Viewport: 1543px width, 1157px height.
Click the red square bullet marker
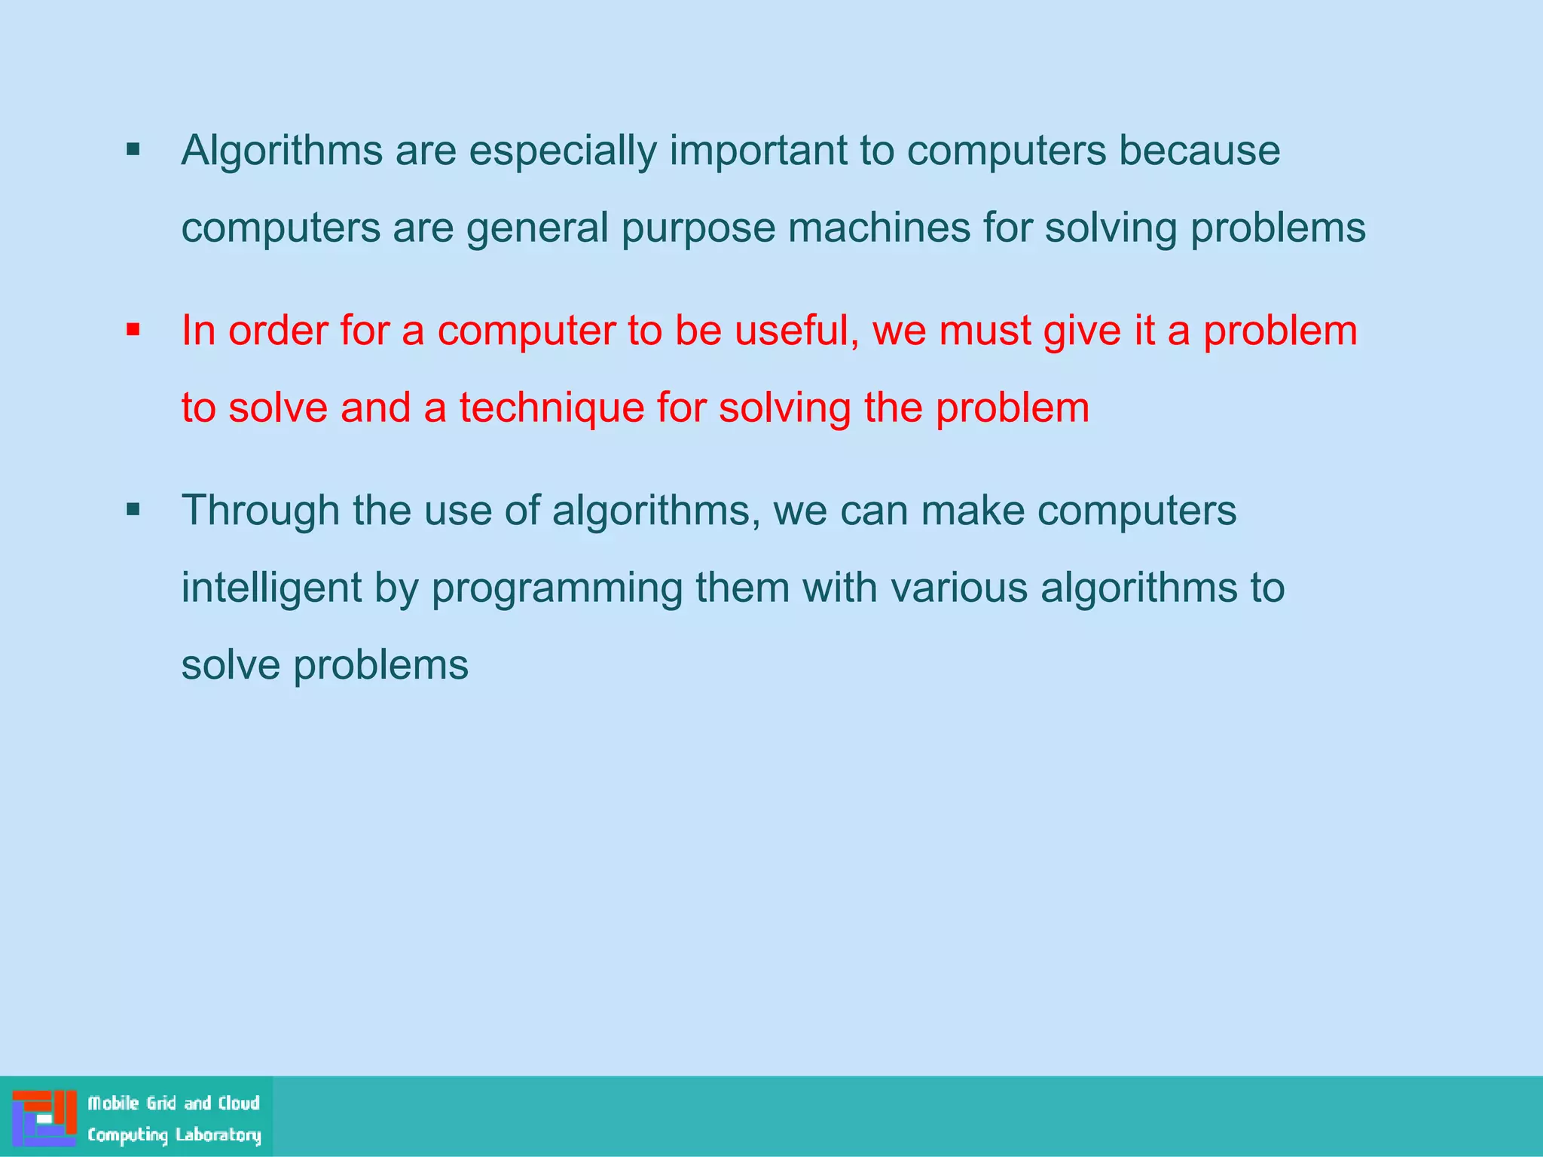[x=133, y=329]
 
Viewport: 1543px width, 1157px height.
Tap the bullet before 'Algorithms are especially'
[x=133, y=149]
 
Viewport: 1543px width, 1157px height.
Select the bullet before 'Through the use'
[x=133, y=510]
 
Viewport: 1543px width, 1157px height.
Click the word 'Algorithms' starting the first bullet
[x=282, y=151]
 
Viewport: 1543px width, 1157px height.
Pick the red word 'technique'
[x=552, y=409]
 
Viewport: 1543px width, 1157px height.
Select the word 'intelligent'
[x=271, y=589]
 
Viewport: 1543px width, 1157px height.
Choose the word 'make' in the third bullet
[x=972, y=511]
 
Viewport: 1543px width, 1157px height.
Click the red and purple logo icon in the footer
[x=44, y=1117]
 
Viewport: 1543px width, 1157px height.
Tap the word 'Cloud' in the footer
[x=239, y=1104]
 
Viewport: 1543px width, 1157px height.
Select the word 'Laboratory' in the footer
[x=218, y=1135]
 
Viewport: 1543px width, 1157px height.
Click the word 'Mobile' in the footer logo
[x=114, y=1104]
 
